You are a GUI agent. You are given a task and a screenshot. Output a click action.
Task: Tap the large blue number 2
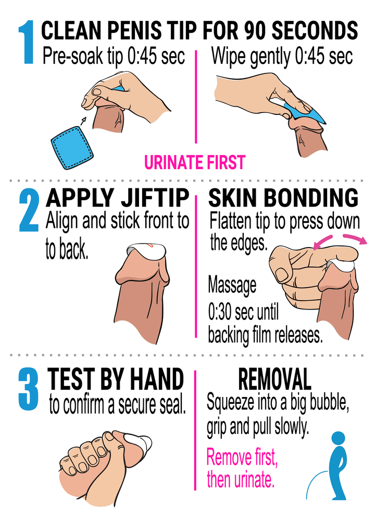coord(29,210)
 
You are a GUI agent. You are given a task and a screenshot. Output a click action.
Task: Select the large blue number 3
coord(29,389)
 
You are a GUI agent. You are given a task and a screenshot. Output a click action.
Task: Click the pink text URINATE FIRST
coord(195,162)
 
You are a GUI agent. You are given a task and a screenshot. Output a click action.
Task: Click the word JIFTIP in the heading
coord(155,198)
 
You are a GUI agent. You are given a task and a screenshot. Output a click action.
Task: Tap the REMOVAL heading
coord(274,379)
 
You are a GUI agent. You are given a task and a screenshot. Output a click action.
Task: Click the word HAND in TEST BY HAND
coord(157,379)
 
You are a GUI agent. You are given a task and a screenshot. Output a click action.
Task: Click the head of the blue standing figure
coord(338,439)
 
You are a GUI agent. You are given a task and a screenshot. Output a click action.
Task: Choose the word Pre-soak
coord(73,56)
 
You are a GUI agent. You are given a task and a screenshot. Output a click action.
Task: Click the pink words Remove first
coord(242,457)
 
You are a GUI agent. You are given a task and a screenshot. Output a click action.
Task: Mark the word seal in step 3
coord(172,405)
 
